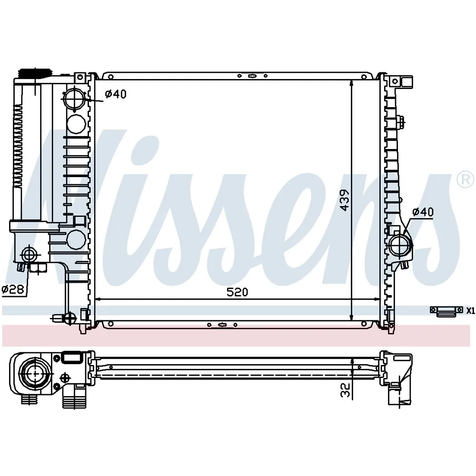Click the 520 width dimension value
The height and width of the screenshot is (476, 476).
(x=238, y=292)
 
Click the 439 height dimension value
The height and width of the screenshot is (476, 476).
(x=345, y=200)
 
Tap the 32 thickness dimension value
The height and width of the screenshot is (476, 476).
(x=346, y=390)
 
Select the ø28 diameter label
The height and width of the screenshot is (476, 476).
(x=13, y=289)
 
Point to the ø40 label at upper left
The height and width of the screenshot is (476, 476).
(x=115, y=94)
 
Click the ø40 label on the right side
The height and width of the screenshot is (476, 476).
(x=423, y=212)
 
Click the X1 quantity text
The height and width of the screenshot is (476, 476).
(x=470, y=310)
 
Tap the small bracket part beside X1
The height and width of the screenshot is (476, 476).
(x=446, y=311)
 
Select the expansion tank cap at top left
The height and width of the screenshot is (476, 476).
(x=35, y=73)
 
